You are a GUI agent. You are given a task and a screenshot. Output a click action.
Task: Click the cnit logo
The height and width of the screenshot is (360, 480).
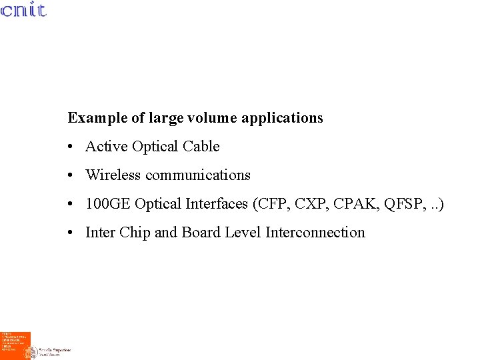click(23, 10)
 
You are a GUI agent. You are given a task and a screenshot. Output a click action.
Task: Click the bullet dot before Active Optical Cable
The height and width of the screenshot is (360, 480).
click(70, 147)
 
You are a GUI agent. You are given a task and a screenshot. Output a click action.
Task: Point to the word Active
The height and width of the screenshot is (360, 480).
click(107, 147)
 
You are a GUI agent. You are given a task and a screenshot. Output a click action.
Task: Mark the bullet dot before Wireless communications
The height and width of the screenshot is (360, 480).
click(70, 175)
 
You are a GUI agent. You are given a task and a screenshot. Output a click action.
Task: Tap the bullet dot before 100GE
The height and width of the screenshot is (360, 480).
click(70, 204)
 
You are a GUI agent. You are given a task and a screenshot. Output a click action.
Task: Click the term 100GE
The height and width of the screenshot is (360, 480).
click(108, 204)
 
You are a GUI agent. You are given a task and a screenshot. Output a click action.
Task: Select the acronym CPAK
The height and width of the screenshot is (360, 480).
click(351, 204)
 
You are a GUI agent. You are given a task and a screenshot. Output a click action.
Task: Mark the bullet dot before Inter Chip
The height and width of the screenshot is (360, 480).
click(70, 233)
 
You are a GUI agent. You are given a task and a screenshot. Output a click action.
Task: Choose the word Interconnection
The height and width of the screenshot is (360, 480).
click(315, 233)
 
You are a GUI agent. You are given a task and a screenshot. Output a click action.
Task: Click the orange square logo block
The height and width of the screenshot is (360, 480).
click(15, 345)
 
